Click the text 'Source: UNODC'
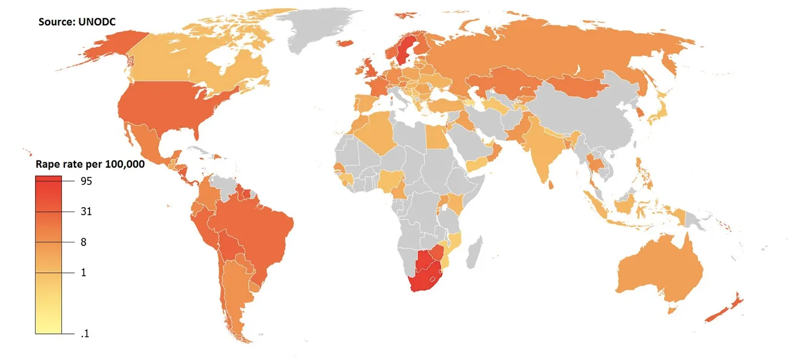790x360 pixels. point(78,22)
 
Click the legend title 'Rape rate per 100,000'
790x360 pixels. point(90,164)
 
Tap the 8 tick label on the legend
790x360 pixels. point(84,242)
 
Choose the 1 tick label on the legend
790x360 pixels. point(84,273)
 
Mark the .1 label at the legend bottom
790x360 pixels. point(85,334)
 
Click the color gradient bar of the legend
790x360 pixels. point(48,255)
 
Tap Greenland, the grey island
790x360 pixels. point(321,27)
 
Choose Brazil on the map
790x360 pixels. point(261,230)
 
